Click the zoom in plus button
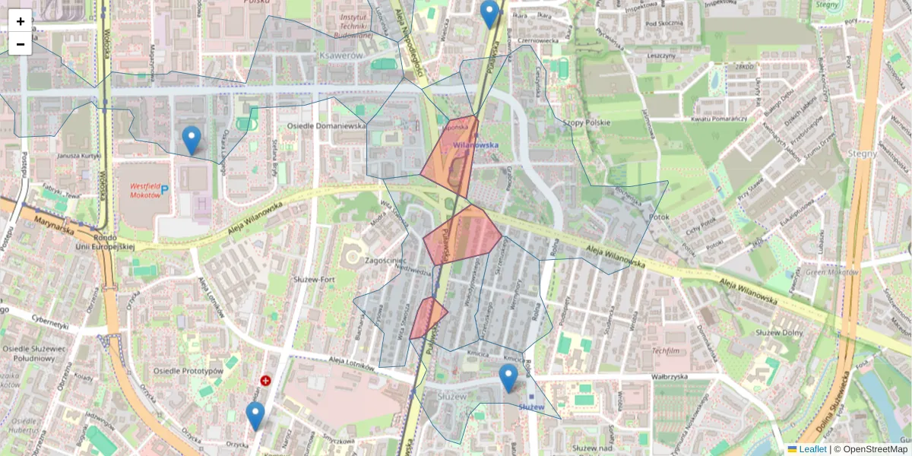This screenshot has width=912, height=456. (x=21, y=21)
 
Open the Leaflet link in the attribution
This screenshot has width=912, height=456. (x=812, y=449)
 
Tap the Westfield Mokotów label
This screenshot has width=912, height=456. (x=145, y=190)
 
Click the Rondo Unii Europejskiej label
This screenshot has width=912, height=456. (x=105, y=241)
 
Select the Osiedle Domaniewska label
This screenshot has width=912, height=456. (x=327, y=125)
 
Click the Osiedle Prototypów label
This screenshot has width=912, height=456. (x=188, y=371)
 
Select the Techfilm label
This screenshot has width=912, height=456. (x=665, y=351)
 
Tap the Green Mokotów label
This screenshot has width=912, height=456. (x=832, y=271)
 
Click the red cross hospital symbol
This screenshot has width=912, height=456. (x=265, y=380)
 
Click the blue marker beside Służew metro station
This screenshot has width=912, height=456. (x=508, y=378)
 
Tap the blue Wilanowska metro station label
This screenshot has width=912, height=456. (x=475, y=144)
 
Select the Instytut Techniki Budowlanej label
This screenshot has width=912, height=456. (x=353, y=25)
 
